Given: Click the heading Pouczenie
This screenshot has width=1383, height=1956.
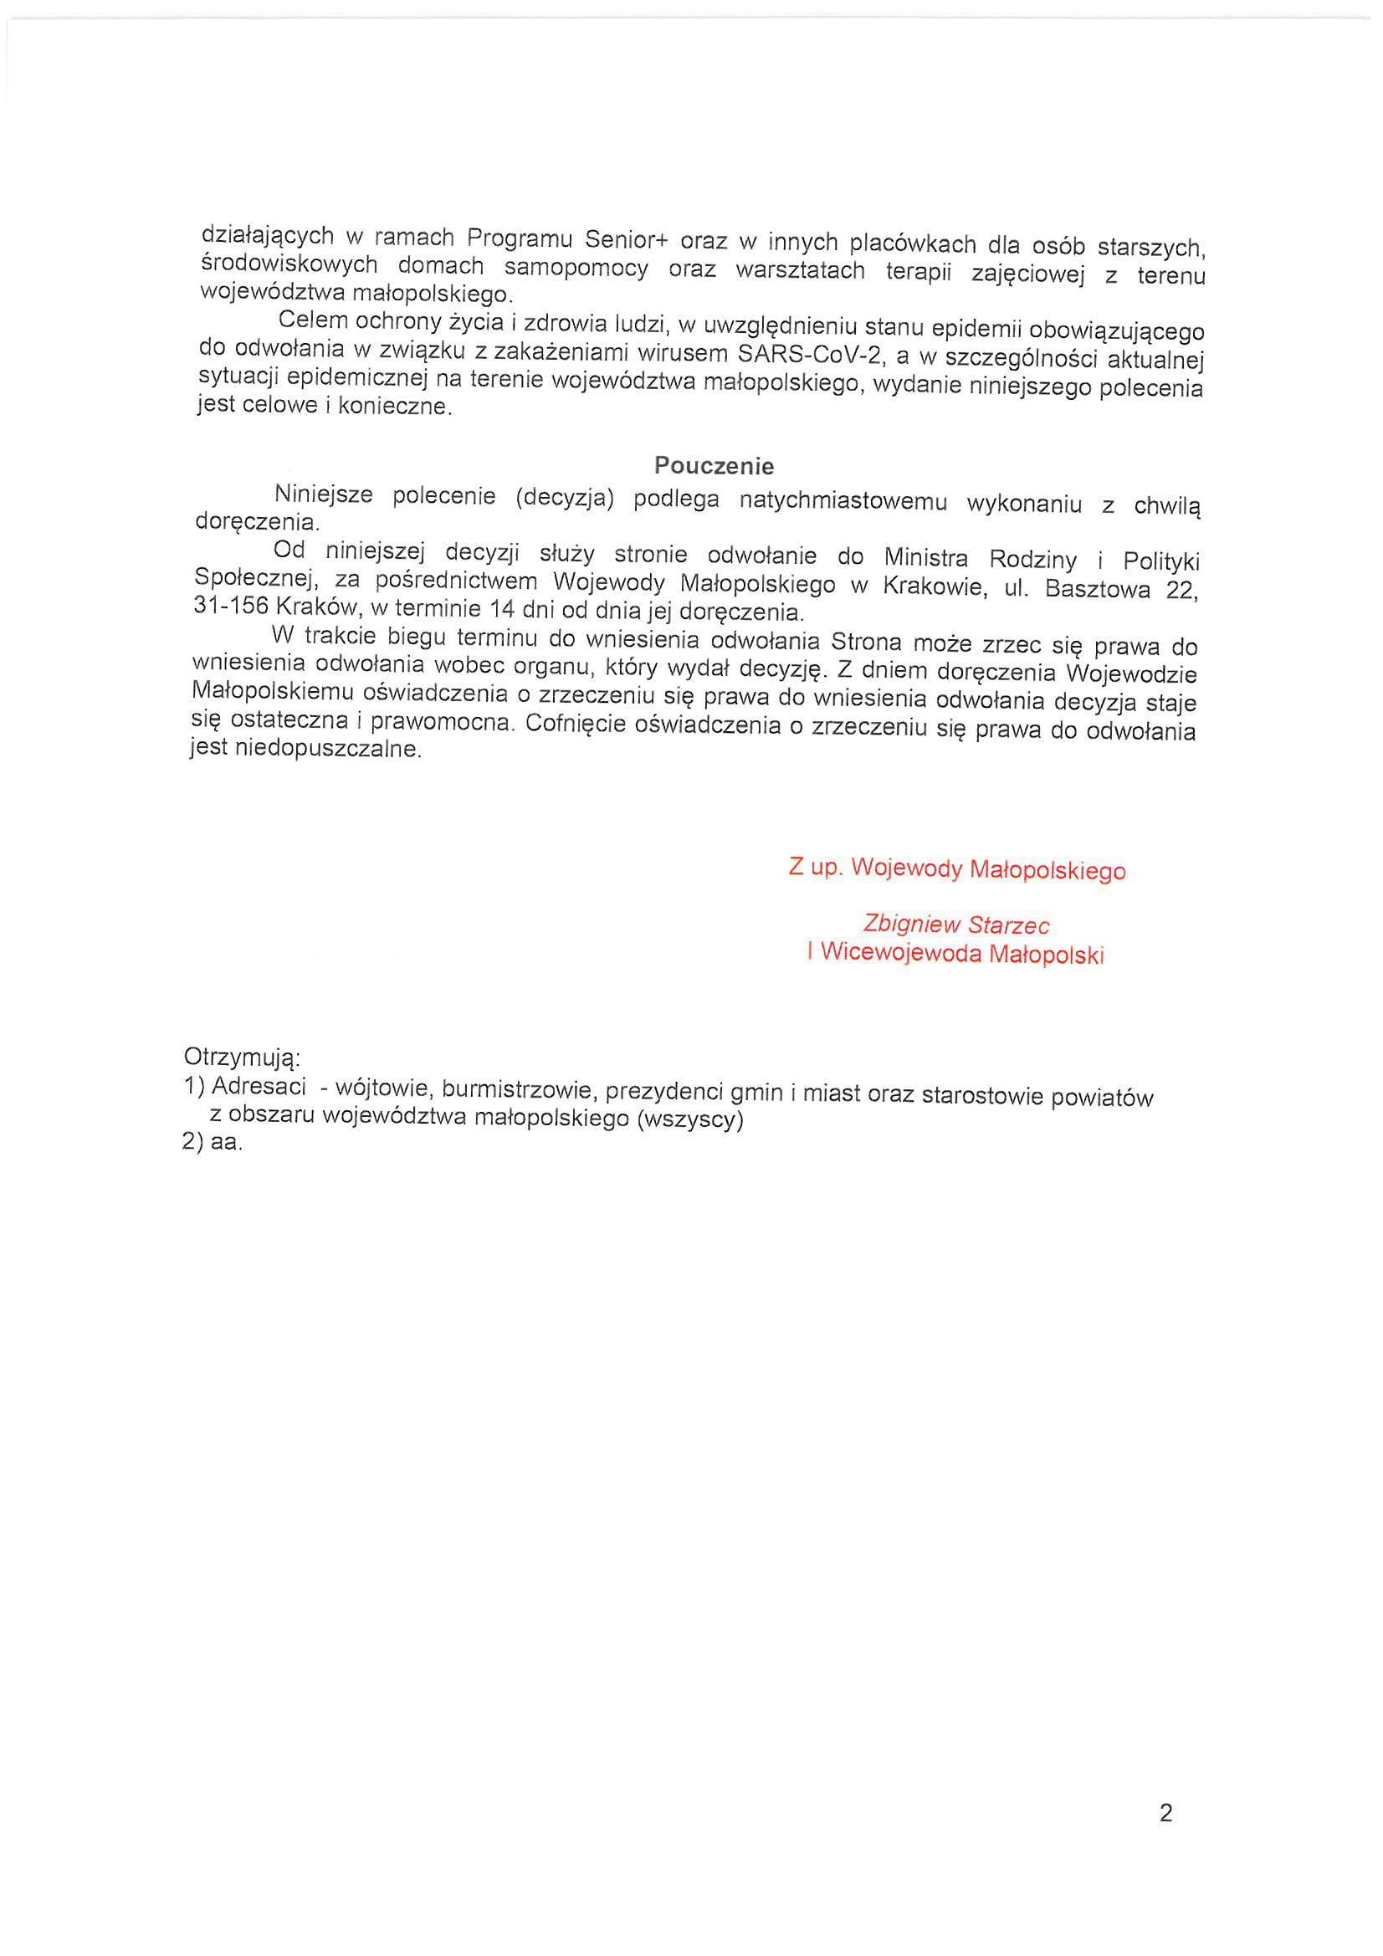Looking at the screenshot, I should (713, 466).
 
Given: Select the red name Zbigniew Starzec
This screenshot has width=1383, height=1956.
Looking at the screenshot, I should (955, 924).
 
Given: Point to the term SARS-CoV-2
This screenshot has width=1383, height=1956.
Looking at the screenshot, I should (808, 354).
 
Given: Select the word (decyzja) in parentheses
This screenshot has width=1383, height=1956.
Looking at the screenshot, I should (564, 498).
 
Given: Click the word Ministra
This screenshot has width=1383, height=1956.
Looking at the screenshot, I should (925, 558).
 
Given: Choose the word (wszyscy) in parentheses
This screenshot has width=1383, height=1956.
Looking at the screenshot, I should (690, 1119).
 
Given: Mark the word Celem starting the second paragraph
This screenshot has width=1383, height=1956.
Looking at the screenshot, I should (313, 320).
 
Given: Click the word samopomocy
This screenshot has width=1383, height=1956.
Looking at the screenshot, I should (576, 269).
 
